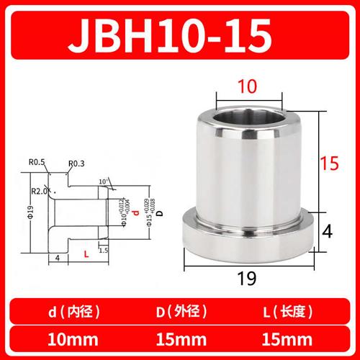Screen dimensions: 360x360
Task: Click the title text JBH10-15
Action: click(180, 34)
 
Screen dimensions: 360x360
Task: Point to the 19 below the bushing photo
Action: click(248, 279)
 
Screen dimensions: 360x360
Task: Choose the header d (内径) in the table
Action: click(71, 312)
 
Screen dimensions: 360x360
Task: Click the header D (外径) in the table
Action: click(180, 312)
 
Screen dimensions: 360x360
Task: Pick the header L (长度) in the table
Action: click(289, 312)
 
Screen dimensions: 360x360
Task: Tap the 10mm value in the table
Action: click(71, 339)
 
